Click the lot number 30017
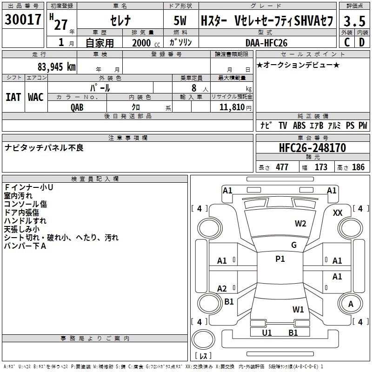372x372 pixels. point(23,21)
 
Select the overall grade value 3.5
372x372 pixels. point(354,21)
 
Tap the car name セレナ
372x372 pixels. point(120,21)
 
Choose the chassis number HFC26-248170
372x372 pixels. point(312,148)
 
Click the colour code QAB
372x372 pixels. point(78,106)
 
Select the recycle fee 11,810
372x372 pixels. point(232,106)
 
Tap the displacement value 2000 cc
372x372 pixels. point(141,43)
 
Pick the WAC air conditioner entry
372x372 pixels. point(36,97)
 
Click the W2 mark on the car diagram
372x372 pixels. point(300,224)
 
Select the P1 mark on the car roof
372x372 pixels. point(280,259)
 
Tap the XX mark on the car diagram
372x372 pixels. point(338,213)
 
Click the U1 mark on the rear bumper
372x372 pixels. point(267,332)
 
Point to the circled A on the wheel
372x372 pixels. point(351,304)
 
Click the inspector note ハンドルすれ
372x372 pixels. point(25,221)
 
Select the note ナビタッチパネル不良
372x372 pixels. point(44,148)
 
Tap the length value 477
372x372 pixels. point(282,167)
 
